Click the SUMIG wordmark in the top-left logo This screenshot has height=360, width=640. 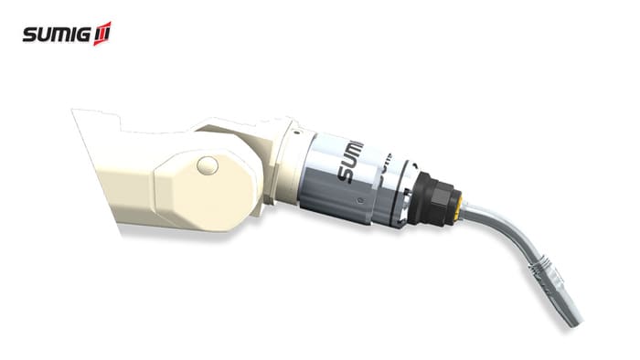[x=57, y=34]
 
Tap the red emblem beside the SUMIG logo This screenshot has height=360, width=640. [x=102, y=34]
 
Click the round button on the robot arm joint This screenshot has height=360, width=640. [x=208, y=166]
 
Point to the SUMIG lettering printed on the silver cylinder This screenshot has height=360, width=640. [x=349, y=162]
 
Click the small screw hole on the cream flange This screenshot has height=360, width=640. [x=297, y=132]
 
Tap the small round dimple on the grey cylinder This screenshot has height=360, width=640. [x=359, y=200]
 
